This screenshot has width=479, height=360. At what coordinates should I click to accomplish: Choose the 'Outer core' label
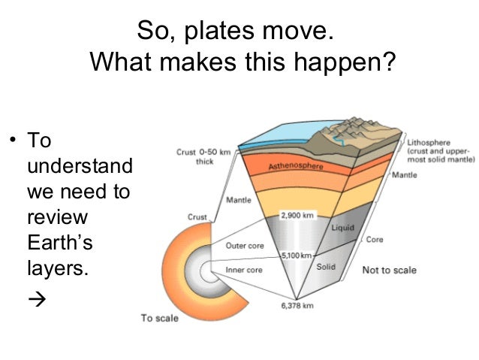click(243, 244)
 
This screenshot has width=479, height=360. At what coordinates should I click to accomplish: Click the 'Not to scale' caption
click(390, 270)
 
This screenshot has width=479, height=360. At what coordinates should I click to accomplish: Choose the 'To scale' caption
click(160, 318)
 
